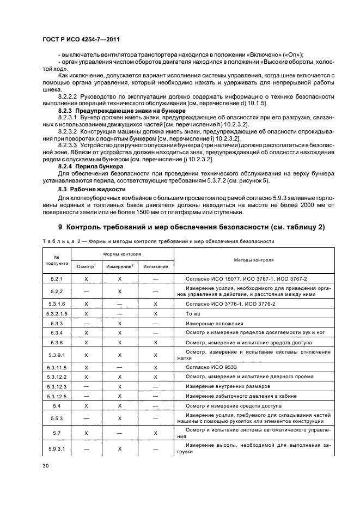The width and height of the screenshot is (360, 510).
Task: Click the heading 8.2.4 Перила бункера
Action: (x=82, y=165)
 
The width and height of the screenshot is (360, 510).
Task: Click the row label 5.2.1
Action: (x=57, y=278)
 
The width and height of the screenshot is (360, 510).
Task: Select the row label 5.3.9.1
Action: (x=57, y=355)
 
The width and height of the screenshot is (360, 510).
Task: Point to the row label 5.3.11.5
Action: (x=57, y=368)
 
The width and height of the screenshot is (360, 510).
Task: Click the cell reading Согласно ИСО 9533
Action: (x=209, y=368)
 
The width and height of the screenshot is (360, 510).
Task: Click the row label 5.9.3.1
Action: (x=57, y=448)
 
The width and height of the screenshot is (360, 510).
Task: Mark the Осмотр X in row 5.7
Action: (x=87, y=433)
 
